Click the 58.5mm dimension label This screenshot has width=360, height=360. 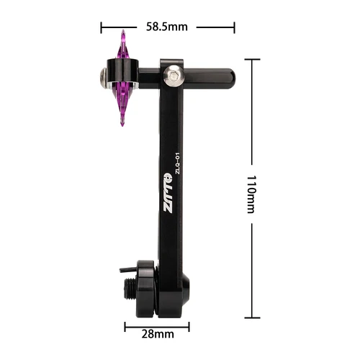pyautogui.click(x=166, y=27)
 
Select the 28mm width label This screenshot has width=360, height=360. pyautogui.click(x=157, y=335)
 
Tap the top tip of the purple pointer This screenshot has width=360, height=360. pyautogui.click(x=123, y=32)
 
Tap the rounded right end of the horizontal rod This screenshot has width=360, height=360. pyautogui.click(x=230, y=75)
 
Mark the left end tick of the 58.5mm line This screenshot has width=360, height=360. pyautogui.click(x=101, y=27)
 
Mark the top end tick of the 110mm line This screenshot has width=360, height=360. pyautogui.click(x=251, y=59)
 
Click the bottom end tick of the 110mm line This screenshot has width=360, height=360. pyautogui.click(x=251, y=317)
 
